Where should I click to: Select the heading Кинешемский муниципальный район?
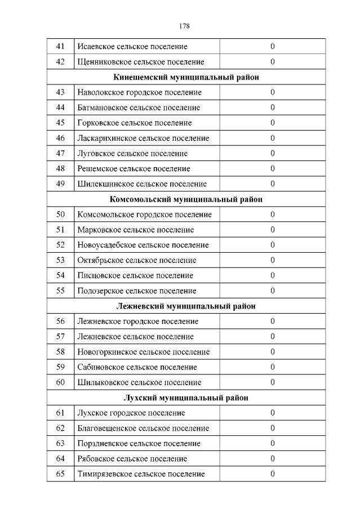[x=186, y=77]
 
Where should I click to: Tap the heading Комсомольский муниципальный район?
[x=186, y=199]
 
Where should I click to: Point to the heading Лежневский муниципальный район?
[x=186, y=306]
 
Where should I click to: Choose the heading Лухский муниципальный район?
[x=186, y=398]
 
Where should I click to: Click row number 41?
[x=61, y=46]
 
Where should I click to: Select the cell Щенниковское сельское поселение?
[x=140, y=61]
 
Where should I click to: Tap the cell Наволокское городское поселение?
[x=139, y=92]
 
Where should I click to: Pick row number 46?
[x=61, y=138]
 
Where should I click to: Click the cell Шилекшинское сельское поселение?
[x=141, y=184]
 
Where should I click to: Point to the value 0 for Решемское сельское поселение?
[x=272, y=168]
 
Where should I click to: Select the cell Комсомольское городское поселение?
[x=144, y=215]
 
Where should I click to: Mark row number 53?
[x=61, y=260]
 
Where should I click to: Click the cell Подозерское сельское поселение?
[x=136, y=291]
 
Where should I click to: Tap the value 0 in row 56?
[x=272, y=322]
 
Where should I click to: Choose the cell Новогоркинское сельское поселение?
[x=143, y=352]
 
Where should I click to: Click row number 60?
[x=61, y=382]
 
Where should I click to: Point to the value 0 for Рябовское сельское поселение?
[x=272, y=458]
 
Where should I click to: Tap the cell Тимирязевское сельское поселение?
[x=140, y=474]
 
